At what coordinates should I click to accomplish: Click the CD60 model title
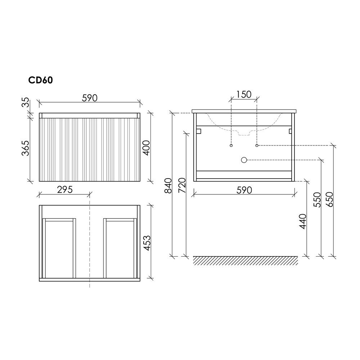point(40,80)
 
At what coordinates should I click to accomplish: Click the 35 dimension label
point(26,102)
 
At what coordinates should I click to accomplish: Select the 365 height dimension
point(26,148)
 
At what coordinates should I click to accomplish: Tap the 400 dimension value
point(147,148)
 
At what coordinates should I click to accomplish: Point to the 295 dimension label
point(65,190)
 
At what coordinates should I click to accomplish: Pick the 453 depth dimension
point(147,243)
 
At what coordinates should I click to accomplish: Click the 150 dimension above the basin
point(244,94)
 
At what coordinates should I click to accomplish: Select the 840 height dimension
point(168,185)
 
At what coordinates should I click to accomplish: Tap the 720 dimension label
point(182,185)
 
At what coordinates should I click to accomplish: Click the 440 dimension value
point(303,221)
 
